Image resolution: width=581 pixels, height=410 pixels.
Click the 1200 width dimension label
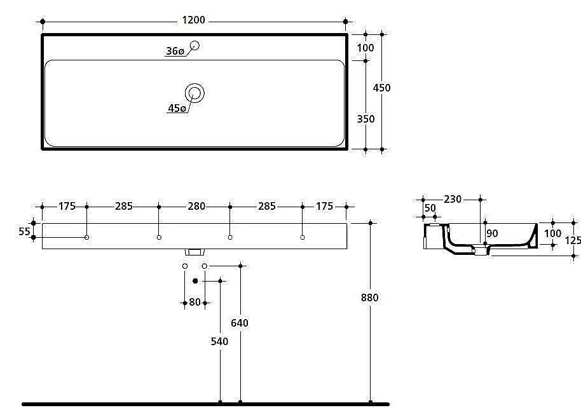point(193,20)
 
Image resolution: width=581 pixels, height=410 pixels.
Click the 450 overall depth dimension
point(381,88)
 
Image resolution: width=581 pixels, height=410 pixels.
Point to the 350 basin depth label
point(366,119)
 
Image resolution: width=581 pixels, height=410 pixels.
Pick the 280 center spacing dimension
point(196,206)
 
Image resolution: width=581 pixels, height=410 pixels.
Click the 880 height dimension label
point(370,297)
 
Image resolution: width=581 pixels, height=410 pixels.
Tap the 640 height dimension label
point(240,323)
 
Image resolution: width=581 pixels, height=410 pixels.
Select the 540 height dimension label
point(220,341)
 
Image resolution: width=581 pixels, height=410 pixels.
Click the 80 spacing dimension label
point(195,302)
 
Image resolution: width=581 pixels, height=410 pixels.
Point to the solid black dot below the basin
point(195,281)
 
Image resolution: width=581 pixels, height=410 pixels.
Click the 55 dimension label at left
point(24,231)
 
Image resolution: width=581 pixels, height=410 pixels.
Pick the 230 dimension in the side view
point(453,199)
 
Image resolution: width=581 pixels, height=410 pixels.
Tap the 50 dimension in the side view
point(430,208)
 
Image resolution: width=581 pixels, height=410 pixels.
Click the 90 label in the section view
point(493,233)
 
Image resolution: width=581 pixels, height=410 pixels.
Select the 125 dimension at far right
point(573,241)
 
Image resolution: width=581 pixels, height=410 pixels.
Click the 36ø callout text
point(175,51)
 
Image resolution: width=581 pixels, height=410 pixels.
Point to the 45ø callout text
point(177,108)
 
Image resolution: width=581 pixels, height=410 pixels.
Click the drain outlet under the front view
point(195,252)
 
